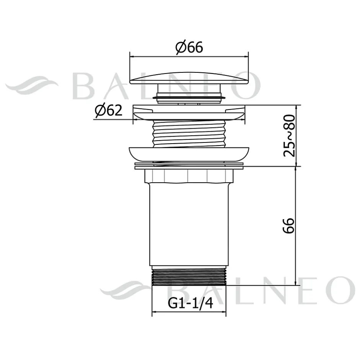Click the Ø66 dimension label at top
tap(189, 48)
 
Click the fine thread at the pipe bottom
tap(189, 277)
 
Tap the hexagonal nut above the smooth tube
tap(189, 176)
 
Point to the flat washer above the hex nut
tap(189, 166)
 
